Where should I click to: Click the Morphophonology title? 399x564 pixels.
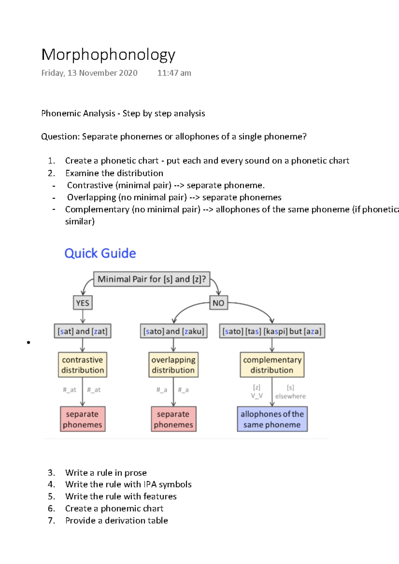click(108, 55)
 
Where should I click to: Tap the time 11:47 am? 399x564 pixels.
click(174, 73)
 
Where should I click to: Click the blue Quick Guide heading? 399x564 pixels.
click(100, 253)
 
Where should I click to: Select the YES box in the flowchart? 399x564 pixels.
click(82, 303)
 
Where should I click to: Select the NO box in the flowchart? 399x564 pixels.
click(218, 303)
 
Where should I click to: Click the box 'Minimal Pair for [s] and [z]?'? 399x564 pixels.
click(152, 279)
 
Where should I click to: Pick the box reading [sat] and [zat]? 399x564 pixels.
click(82, 331)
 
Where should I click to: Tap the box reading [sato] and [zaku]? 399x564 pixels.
click(174, 331)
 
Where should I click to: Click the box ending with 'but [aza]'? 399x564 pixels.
click(272, 331)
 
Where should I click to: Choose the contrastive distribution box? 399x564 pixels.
click(82, 365)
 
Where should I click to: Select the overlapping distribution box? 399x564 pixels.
click(173, 365)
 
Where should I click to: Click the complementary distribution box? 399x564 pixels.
click(272, 365)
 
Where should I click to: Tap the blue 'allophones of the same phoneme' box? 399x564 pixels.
click(272, 419)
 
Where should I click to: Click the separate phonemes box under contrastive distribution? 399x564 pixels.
click(82, 419)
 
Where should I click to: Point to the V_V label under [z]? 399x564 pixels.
click(257, 396)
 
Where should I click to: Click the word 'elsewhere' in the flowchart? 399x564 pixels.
click(290, 396)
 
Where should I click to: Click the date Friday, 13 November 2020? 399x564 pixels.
click(89, 73)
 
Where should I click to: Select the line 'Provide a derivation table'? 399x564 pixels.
click(116, 520)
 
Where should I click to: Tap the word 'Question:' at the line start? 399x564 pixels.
click(61, 137)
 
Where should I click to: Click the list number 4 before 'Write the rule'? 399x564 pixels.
click(51, 485)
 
